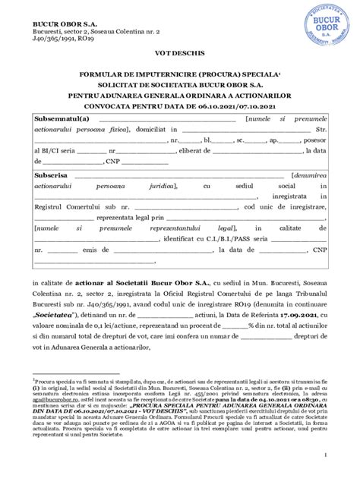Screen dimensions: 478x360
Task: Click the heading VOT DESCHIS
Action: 180,56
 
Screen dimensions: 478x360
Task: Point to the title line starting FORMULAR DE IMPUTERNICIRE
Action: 179,76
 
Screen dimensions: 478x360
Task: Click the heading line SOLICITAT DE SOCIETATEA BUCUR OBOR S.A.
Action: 180,86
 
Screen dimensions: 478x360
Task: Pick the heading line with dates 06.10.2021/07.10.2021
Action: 180,108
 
